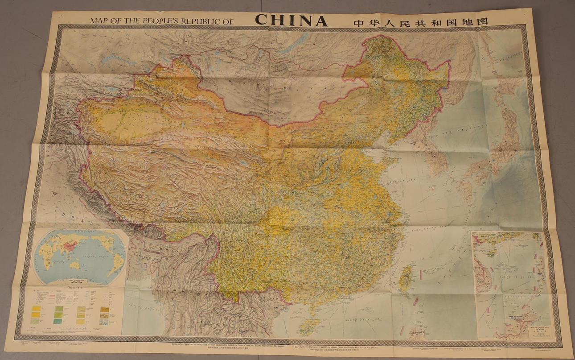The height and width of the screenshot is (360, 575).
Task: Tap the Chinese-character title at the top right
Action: click(420, 22)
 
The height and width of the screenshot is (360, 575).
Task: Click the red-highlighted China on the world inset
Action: click(70, 245)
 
